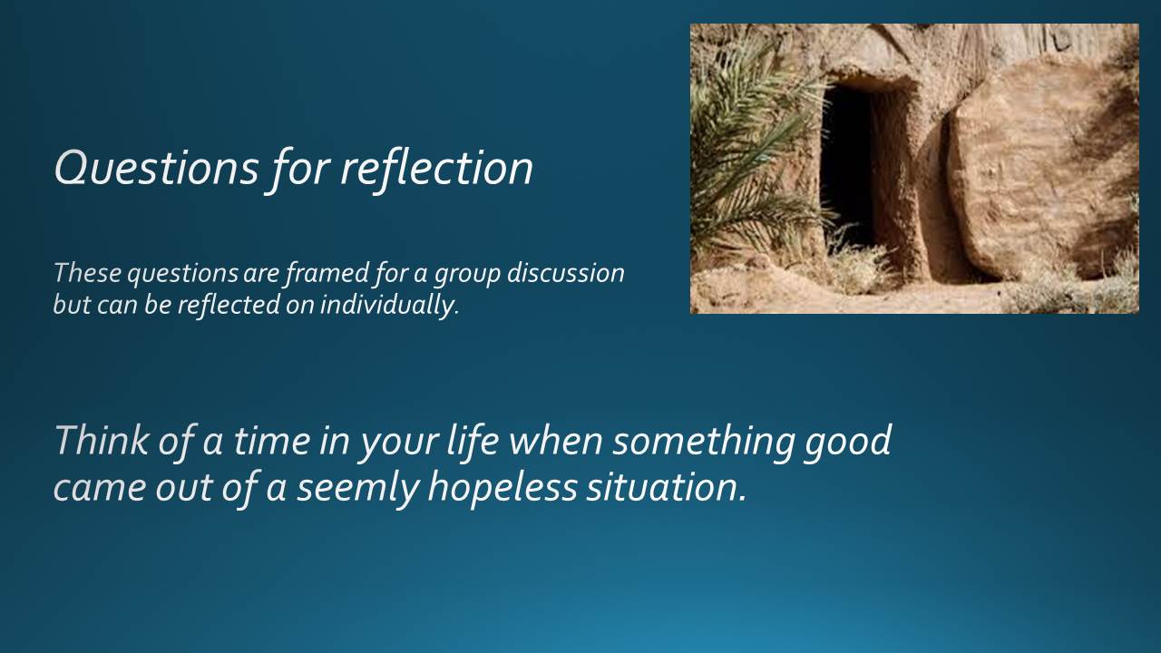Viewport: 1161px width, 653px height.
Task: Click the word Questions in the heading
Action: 156,169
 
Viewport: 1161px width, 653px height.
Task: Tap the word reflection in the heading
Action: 436,168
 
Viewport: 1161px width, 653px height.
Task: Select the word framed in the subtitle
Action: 327,274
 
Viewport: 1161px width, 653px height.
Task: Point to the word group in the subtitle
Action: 467,275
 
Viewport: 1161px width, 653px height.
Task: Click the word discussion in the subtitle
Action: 566,273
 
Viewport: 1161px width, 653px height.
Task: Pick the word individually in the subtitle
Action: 389,305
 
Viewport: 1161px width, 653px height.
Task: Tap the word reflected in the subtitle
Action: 229,304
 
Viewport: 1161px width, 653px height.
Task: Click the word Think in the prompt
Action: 101,440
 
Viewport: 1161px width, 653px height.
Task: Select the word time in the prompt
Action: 272,440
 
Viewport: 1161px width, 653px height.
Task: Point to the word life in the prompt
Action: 473,440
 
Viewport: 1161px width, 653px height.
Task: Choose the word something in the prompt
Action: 703,442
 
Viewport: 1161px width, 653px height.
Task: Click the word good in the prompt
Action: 847,442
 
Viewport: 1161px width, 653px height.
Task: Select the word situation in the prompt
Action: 667,487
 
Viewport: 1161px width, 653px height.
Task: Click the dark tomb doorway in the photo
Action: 847,166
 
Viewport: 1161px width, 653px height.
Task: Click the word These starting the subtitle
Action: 87,273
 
